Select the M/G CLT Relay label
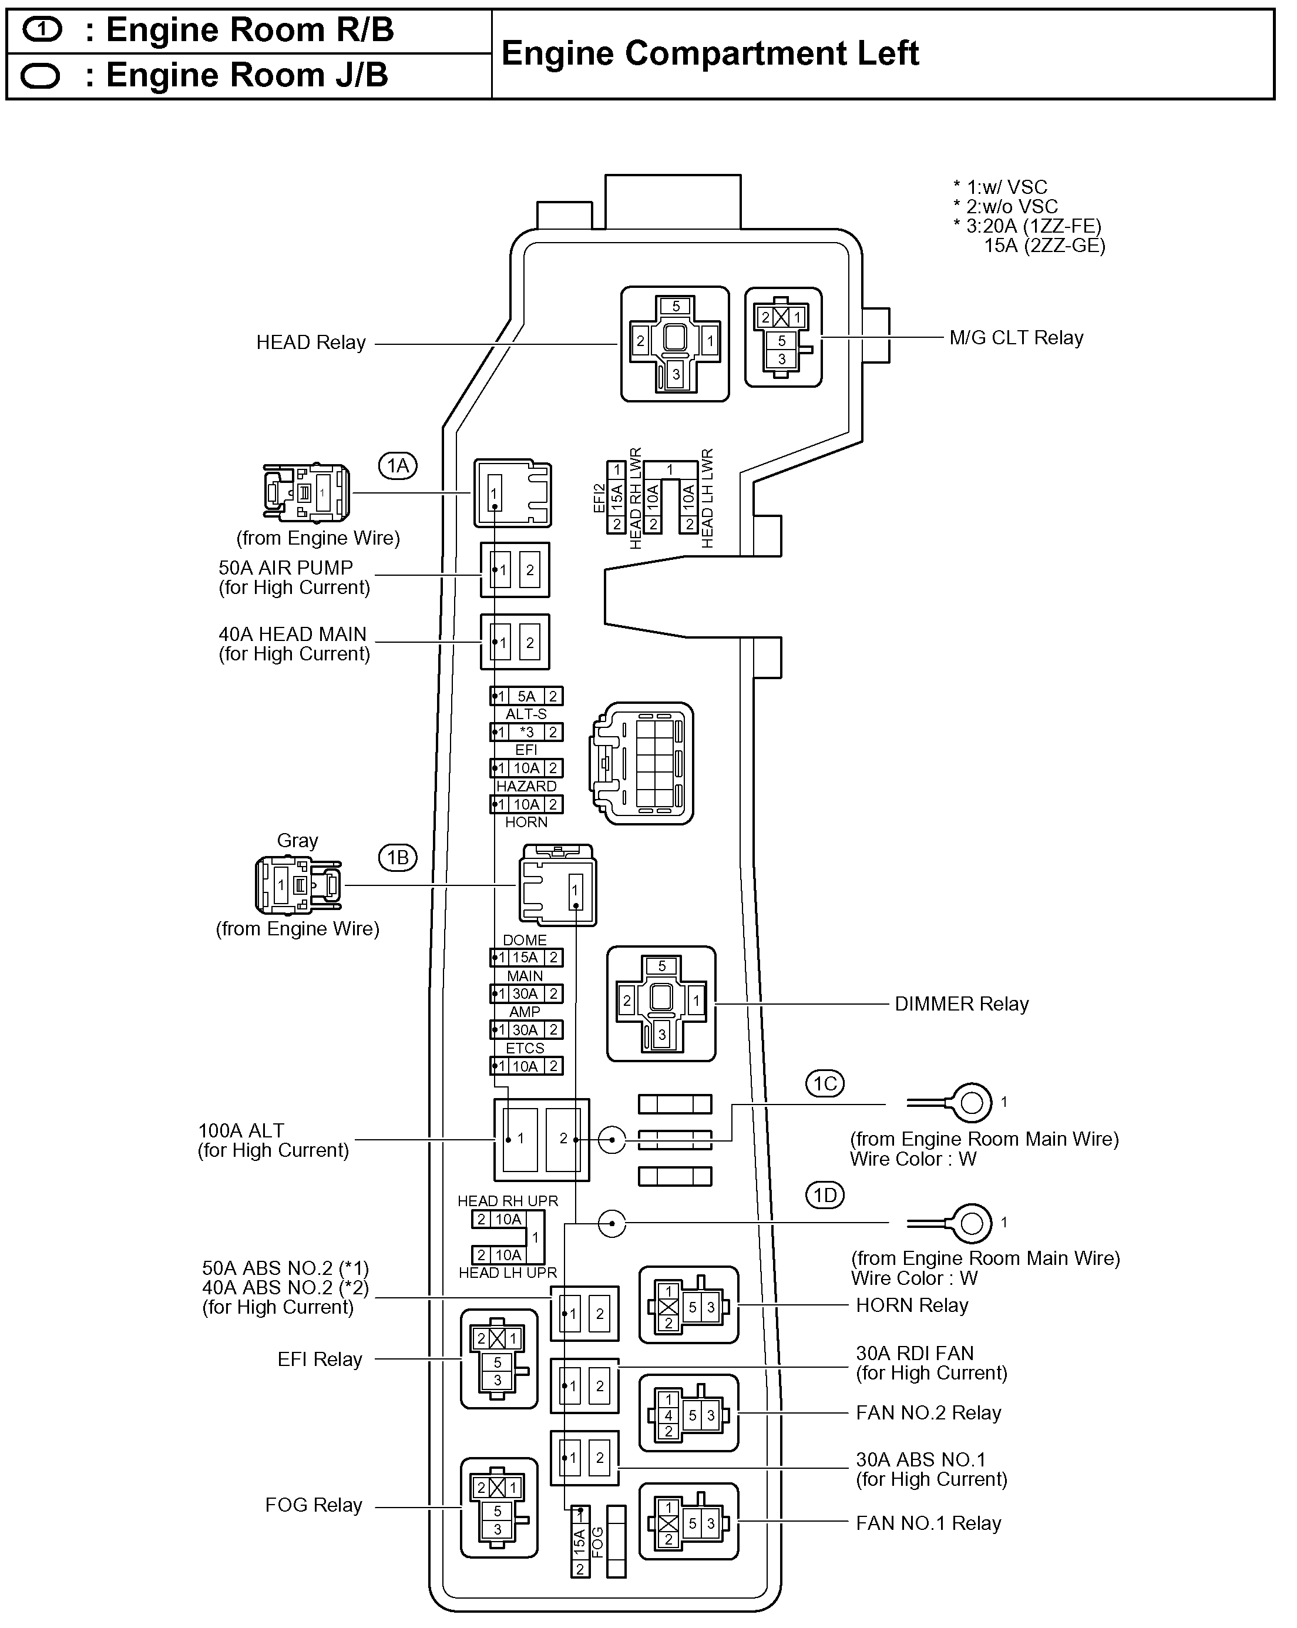pyautogui.click(x=1016, y=338)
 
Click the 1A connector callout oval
pyautogui.click(x=398, y=466)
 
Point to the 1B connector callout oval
pyautogui.click(x=398, y=858)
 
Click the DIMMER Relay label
pyautogui.click(x=961, y=1004)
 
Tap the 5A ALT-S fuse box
pyautogui.click(x=526, y=696)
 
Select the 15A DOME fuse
pyautogui.click(x=526, y=958)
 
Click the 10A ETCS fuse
pyautogui.click(x=526, y=1066)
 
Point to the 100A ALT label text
pyautogui.click(x=241, y=1130)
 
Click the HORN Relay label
pyautogui.click(x=911, y=1305)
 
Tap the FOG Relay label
pyautogui.click(x=313, y=1505)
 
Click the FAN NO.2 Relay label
pyautogui.click(x=928, y=1413)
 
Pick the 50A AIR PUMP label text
pyautogui.click(x=285, y=568)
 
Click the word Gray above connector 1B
pyautogui.click(x=297, y=840)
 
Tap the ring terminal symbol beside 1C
pyautogui.click(x=971, y=1103)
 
